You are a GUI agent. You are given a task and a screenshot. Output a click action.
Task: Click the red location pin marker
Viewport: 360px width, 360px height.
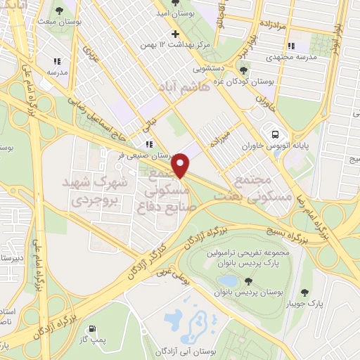tap(181, 165)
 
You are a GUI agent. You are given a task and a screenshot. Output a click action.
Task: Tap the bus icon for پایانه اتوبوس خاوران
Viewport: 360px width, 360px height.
tap(275, 134)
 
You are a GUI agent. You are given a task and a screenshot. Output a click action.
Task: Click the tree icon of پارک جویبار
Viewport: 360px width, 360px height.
tap(304, 292)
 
